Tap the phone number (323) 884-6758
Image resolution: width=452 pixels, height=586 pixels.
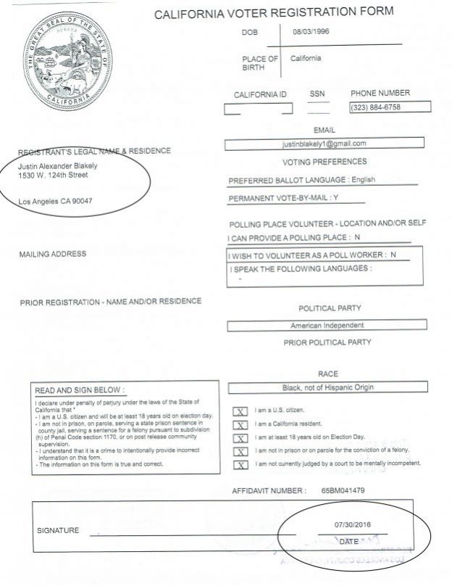click(x=375, y=107)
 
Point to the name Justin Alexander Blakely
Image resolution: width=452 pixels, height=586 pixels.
click(x=57, y=165)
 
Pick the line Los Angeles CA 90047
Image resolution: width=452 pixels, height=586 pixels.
click(x=56, y=201)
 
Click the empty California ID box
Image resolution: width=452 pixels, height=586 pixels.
click(x=258, y=109)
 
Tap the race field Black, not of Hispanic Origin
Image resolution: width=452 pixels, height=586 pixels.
click(x=327, y=387)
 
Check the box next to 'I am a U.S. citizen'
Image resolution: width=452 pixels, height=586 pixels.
click(x=240, y=411)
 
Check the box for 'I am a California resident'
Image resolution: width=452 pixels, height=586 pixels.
click(x=240, y=424)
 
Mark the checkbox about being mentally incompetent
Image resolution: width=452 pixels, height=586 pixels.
click(x=240, y=463)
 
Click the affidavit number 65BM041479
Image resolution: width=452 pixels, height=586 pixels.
click(x=343, y=491)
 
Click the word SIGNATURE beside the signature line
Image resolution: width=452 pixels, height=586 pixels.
click(x=58, y=531)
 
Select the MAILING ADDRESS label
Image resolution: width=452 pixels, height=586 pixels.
click(x=53, y=254)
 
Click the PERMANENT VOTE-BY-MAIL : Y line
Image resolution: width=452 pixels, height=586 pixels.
click(x=284, y=198)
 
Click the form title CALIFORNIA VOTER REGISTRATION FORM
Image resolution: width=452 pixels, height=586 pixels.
click(x=274, y=12)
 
